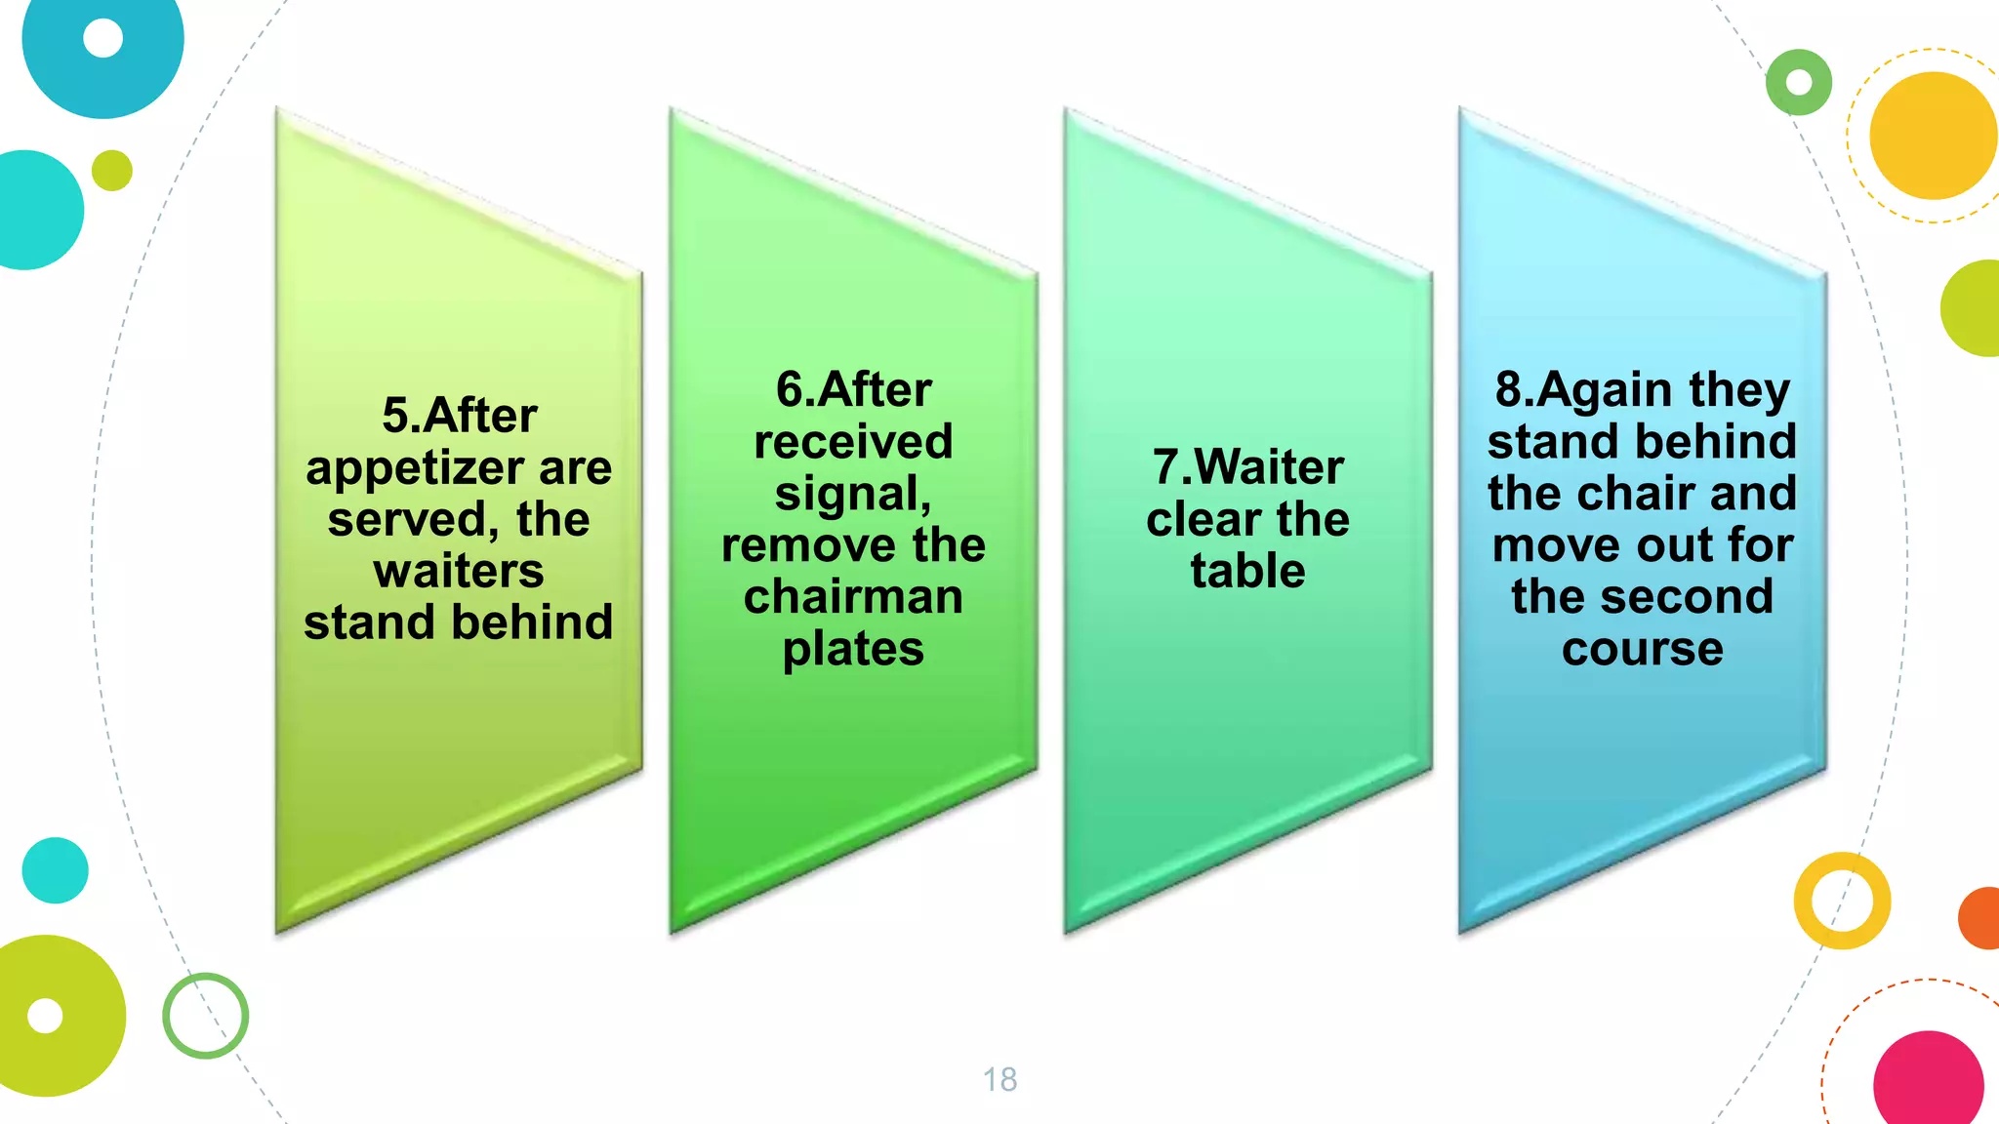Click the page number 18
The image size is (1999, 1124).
(x=999, y=1079)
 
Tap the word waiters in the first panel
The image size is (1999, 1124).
(x=459, y=571)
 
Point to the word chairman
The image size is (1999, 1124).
(x=853, y=597)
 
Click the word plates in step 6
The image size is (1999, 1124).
(x=853, y=649)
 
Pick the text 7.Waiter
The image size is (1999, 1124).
(x=1247, y=467)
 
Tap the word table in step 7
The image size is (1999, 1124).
(x=1247, y=571)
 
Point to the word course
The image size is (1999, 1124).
(x=1642, y=649)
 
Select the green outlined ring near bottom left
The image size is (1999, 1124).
(x=205, y=1016)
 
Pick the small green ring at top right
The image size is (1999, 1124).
(x=1798, y=82)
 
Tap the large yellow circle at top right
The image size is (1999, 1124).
(x=1933, y=136)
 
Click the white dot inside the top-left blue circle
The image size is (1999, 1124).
(x=102, y=38)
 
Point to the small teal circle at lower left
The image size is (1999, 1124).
(x=55, y=870)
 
